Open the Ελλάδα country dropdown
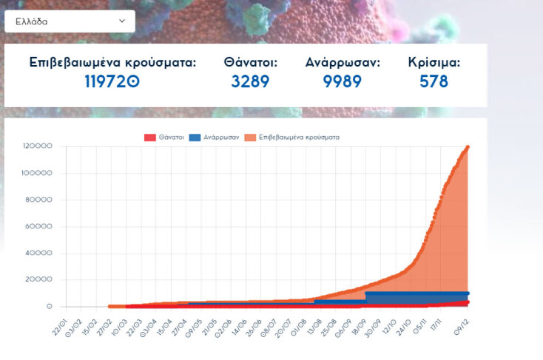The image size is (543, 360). tap(70, 21)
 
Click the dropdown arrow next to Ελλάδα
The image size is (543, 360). tap(122, 21)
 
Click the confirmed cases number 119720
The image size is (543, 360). tap(112, 81)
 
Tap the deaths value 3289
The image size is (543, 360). tap(250, 81)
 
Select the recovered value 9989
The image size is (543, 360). tap(343, 81)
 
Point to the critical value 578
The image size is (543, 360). tap(434, 81)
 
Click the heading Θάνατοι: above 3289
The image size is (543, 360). tap(251, 63)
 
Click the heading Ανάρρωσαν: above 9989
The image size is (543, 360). tap(343, 63)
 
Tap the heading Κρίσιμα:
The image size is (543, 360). tap(434, 63)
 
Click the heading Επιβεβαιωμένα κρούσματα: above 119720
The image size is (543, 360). tap(112, 63)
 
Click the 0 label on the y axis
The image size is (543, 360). tap(50, 306)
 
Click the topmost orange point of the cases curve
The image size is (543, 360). tap(468, 147)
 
